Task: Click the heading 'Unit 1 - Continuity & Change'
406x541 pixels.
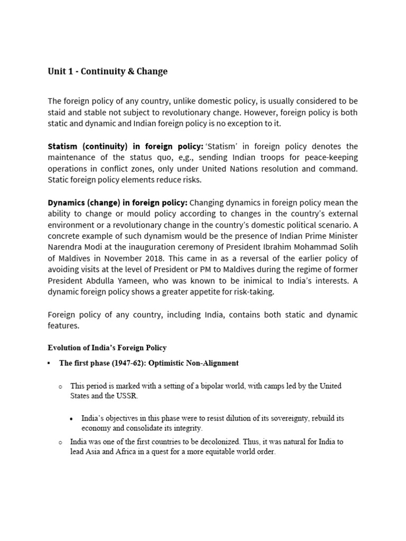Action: click(107, 71)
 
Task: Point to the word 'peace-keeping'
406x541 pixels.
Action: click(332, 157)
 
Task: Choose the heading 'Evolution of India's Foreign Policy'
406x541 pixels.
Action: click(107, 347)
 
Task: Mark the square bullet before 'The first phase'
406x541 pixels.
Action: click(49, 363)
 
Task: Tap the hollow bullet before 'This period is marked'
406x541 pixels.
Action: click(61, 387)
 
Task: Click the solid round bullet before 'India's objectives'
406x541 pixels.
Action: click(71, 418)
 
